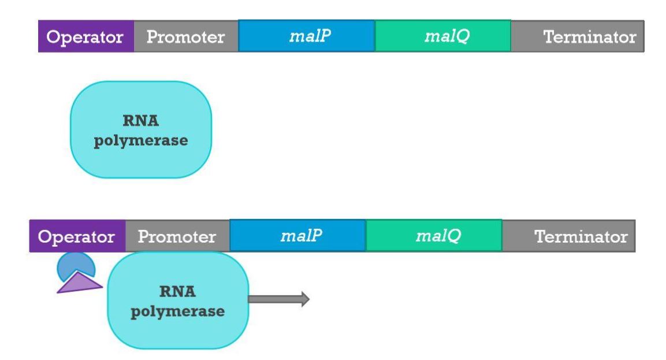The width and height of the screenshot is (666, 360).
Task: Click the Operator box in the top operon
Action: tap(85, 36)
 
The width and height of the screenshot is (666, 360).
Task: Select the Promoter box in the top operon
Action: tap(185, 36)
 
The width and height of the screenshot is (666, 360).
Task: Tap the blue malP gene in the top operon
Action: tap(306, 36)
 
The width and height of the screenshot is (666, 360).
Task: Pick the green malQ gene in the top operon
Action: tap(442, 36)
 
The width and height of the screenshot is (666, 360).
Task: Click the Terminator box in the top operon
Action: tap(577, 36)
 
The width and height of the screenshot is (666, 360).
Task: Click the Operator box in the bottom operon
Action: tap(77, 236)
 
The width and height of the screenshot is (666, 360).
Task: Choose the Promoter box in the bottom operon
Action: tap(177, 236)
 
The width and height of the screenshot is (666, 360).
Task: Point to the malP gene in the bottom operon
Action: tap(297, 236)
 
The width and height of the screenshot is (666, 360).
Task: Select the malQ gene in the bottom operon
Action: tap(434, 236)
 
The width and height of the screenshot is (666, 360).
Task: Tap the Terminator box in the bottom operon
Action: tap(568, 236)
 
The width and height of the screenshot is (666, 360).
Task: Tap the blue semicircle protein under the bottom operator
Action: tap(74, 265)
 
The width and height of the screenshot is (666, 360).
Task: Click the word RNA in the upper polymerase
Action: tap(141, 122)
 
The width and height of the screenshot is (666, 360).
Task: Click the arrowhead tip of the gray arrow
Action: tap(308, 299)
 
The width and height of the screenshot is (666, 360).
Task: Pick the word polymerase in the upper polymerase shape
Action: tap(141, 140)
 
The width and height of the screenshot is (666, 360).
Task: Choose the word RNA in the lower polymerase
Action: tap(178, 292)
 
